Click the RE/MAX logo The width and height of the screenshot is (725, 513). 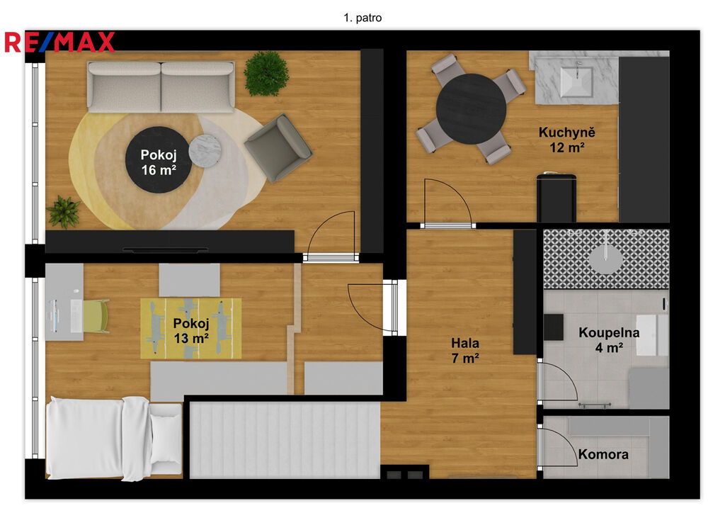[59, 42]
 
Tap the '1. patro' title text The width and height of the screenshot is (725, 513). [362, 18]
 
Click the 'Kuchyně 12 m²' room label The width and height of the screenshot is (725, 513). [567, 140]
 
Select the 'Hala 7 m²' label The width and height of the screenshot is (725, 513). [465, 350]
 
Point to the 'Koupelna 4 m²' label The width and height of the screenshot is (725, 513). [609, 339]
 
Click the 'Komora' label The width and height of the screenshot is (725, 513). [603, 454]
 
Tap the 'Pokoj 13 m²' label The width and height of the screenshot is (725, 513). [191, 331]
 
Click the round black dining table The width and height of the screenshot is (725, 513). [471, 108]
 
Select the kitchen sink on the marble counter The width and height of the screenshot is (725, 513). [576, 82]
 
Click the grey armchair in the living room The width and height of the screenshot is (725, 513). [278, 147]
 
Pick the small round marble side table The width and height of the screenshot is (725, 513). [205, 150]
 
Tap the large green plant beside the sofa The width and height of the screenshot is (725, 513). [266, 74]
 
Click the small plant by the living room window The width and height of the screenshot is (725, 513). [63, 213]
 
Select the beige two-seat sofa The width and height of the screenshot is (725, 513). [161, 87]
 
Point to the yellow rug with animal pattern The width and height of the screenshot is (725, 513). [191, 329]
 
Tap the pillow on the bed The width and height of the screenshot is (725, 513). [166, 438]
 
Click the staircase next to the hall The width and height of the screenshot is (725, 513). [285, 440]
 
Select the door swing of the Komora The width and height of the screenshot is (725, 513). [558, 446]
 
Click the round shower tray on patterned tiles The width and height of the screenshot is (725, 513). [606, 259]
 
